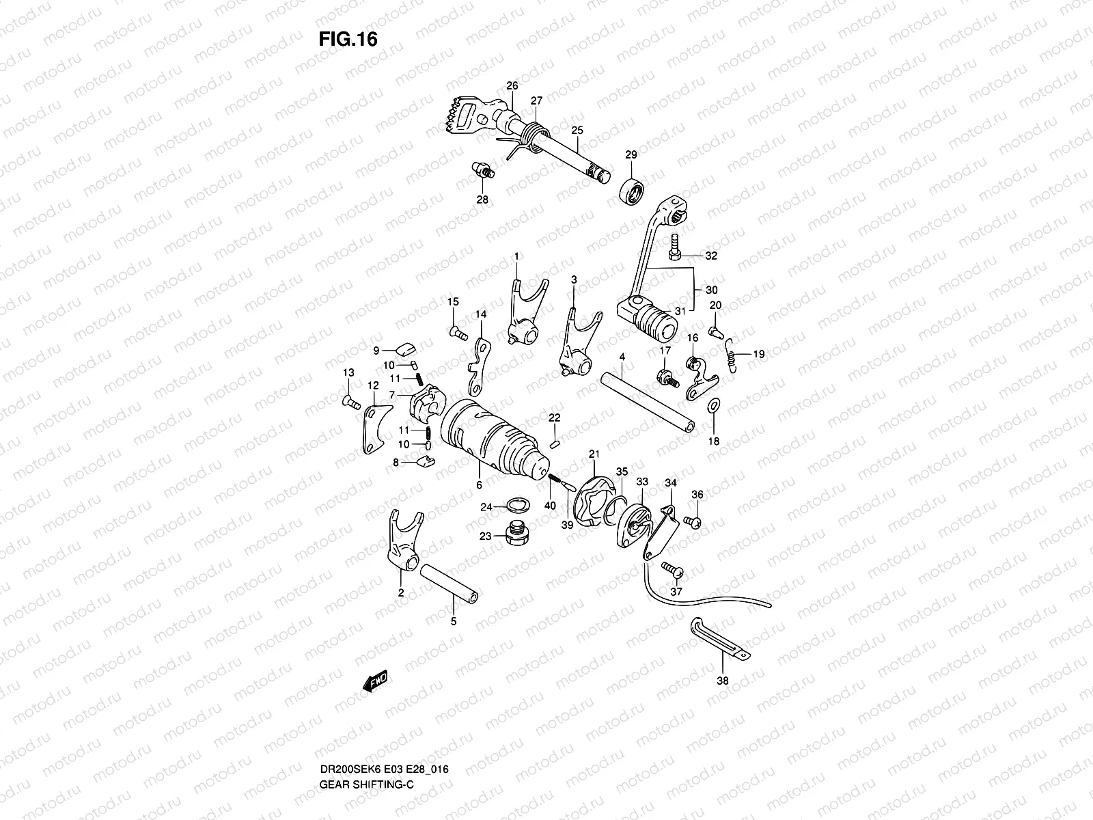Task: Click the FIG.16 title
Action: (x=348, y=40)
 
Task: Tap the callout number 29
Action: (x=631, y=155)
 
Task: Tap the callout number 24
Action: (x=486, y=507)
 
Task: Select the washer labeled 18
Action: (x=712, y=406)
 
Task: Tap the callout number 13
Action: (x=348, y=372)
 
